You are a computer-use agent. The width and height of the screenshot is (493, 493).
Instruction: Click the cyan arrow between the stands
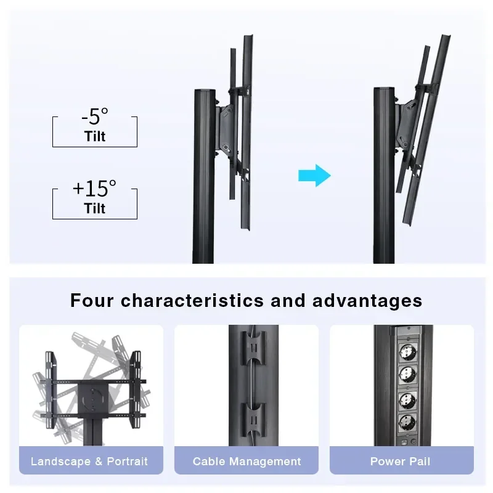(x=314, y=176)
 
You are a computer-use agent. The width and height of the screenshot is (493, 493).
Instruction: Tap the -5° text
(x=95, y=116)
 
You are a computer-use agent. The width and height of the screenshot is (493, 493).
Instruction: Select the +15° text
(x=94, y=189)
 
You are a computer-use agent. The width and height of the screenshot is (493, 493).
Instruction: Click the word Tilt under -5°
(x=95, y=136)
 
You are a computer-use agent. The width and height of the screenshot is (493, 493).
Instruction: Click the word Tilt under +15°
(x=95, y=208)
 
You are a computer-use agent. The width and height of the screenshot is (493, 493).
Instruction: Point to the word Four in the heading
(x=91, y=300)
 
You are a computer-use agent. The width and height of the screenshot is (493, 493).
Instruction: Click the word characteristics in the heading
(x=192, y=300)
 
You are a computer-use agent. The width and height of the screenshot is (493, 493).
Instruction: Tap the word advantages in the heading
(x=367, y=301)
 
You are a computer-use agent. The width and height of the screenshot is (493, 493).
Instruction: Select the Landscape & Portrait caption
(x=89, y=461)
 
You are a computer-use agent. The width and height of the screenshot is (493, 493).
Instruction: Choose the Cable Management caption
(x=247, y=462)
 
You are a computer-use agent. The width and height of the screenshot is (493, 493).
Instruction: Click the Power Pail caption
(x=400, y=461)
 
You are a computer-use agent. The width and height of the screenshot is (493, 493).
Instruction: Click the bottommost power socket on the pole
(x=407, y=423)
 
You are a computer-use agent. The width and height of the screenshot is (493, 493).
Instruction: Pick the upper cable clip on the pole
(x=253, y=348)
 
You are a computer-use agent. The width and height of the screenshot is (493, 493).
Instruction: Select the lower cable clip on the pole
(x=253, y=420)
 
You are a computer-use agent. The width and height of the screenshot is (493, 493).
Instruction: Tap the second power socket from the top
(x=407, y=375)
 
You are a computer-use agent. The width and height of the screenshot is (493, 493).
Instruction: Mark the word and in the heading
(x=288, y=300)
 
